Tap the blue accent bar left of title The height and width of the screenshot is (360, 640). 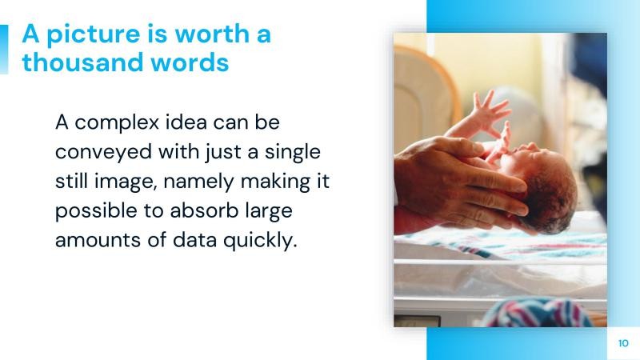[x=4, y=49]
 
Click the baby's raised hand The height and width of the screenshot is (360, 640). [x=490, y=112]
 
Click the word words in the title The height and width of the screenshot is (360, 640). [x=193, y=62]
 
